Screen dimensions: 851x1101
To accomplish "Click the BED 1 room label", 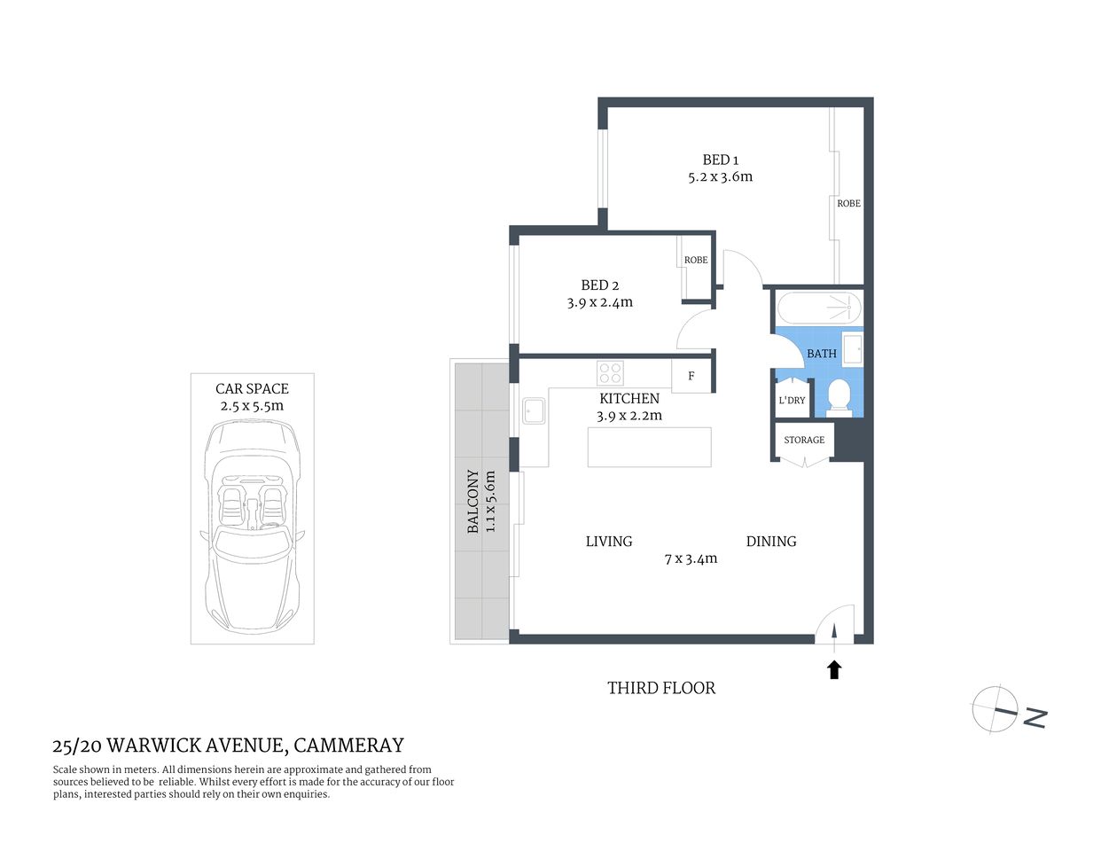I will tap(720, 160).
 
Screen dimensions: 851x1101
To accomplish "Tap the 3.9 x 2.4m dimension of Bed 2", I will tap(599, 302).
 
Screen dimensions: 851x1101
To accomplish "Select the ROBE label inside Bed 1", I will tap(848, 203).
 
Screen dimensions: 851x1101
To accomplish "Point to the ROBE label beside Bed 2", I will tap(696, 260).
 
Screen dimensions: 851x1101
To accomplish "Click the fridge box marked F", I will tap(691, 376).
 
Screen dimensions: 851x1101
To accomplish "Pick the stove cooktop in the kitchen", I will tap(610, 372).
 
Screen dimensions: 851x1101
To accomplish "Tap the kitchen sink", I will tap(534, 411).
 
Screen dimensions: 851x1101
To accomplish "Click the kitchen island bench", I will tap(649, 447).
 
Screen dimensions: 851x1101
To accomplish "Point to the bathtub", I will tap(818, 308).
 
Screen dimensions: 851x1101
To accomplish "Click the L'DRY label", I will tap(792, 400).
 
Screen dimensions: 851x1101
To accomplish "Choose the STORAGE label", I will tap(803, 440).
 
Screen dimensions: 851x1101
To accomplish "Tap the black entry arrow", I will tap(833, 669).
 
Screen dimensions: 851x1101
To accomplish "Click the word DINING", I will tap(770, 541).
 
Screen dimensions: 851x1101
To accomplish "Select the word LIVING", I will tap(609, 541).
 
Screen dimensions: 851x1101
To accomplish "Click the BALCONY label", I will tap(473, 502).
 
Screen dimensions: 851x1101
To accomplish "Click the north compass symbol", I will tap(995, 709).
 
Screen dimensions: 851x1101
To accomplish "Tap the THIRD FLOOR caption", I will tap(660, 688).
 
